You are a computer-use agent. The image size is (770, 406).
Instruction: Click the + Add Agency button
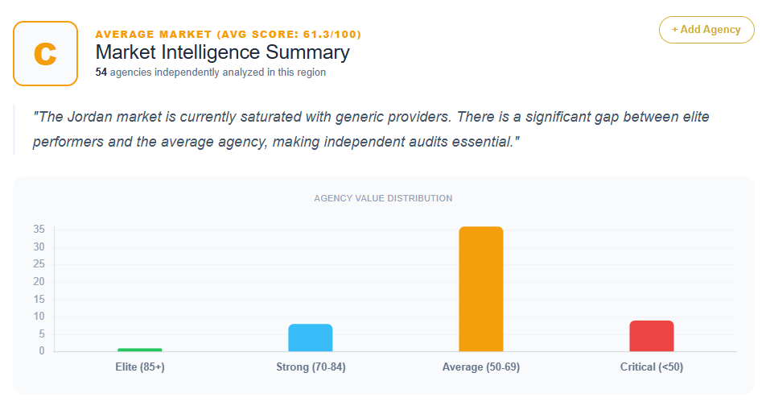tap(706, 30)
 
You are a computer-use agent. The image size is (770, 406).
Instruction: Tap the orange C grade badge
tap(45, 54)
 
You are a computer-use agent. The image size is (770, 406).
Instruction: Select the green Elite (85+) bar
tap(140, 350)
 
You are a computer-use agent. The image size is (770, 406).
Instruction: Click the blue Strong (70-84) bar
tap(311, 338)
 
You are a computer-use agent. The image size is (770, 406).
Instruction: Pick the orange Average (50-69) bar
tap(481, 289)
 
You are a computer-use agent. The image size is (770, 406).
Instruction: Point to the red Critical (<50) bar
tap(652, 336)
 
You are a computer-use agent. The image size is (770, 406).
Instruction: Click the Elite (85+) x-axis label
tap(140, 367)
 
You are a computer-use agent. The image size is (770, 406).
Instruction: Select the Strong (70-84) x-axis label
tap(311, 367)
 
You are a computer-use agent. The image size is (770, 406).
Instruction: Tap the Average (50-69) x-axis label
tap(481, 367)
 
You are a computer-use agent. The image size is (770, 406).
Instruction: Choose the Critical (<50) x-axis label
tap(652, 367)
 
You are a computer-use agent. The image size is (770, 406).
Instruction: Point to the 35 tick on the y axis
tap(39, 229)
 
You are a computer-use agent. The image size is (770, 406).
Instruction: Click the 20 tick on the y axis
tap(39, 282)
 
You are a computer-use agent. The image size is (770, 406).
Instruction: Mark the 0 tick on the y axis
tap(42, 351)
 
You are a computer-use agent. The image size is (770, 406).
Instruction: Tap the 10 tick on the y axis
tap(39, 316)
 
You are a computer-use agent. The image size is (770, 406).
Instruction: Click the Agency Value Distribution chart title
tap(383, 199)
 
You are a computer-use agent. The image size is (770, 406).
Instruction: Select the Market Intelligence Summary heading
tap(222, 52)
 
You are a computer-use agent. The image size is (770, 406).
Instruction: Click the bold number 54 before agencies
tap(101, 72)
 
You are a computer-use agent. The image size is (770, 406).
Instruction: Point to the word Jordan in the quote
tap(91, 117)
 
